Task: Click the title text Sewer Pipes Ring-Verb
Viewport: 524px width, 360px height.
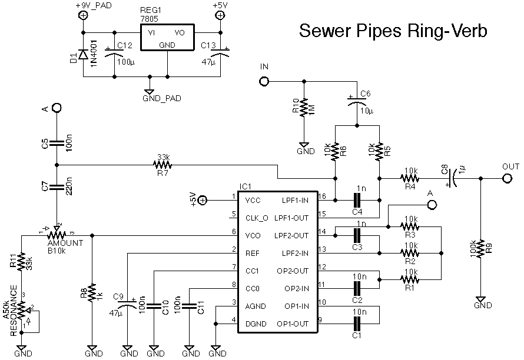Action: [393, 31]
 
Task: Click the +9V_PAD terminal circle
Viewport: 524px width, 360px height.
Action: [83, 17]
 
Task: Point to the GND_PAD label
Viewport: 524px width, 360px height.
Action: [162, 99]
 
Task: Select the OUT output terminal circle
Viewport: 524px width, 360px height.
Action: [506, 178]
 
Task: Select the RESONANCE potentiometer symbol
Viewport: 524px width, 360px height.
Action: [22, 310]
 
